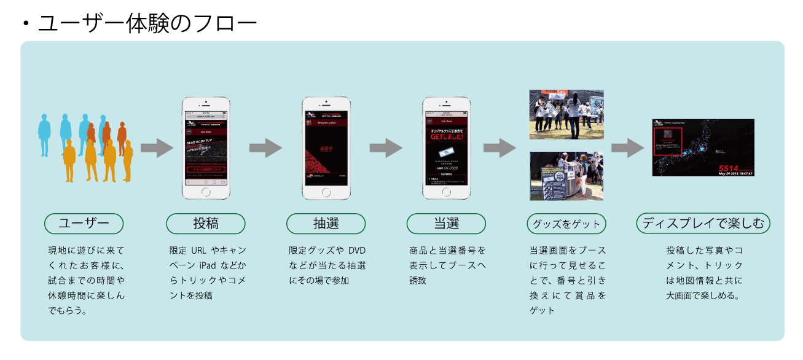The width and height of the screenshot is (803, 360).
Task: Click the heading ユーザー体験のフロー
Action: pyautogui.click(x=147, y=23)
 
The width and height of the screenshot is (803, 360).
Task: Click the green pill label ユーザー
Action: pyautogui.click(x=84, y=224)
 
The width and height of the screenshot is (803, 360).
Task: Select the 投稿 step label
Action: pyautogui.click(x=206, y=224)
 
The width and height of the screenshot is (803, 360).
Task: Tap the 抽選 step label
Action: pyautogui.click(x=326, y=224)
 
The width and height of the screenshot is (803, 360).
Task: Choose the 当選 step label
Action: pyautogui.click(x=446, y=224)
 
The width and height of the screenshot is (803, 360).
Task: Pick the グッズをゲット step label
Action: pyautogui.click(x=566, y=224)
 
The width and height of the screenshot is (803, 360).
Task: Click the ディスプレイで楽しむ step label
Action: pyautogui.click(x=703, y=224)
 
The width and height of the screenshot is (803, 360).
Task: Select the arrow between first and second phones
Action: pyautogui.click(x=265, y=147)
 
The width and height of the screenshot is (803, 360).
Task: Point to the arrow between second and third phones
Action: pyautogui.click(x=386, y=147)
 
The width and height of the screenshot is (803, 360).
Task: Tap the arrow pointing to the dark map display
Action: pyautogui.click(x=627, y=147)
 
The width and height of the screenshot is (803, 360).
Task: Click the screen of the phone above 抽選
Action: pyautogui.click(x=326, y=147)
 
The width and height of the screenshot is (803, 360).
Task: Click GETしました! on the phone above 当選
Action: pyautogui.click(x=447, y=136)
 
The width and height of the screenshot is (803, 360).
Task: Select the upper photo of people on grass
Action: pyautogui.click(x=566, y=114)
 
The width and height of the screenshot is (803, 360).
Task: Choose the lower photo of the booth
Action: pyautogui.click(x=566, y=176)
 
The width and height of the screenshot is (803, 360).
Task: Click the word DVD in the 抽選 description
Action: pyautogui.click(x=356, y=251)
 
